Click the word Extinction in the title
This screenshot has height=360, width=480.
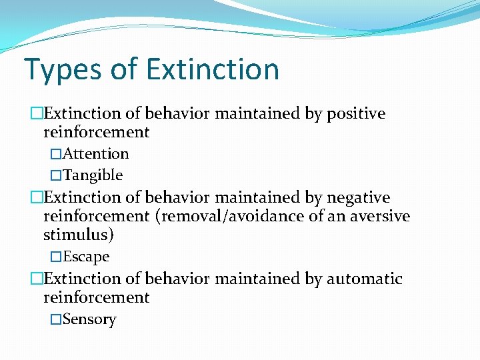(212, 70)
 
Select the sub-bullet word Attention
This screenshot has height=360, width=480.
(95, 154)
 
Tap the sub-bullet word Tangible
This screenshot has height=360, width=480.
(93, 175)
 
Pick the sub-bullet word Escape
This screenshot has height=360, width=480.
(86, 257)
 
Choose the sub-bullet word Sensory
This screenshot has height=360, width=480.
(89, 319)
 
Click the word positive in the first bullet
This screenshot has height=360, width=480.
(355, 114)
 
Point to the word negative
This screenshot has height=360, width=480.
(359, 198)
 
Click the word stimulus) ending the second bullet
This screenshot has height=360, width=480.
(79, 235)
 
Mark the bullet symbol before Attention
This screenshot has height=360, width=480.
(56, 154)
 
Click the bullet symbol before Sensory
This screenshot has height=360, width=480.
(56, 319)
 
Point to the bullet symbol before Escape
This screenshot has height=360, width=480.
(56, 257)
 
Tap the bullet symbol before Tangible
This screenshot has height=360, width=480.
(56, 175)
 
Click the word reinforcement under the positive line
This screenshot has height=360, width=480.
(97, 133)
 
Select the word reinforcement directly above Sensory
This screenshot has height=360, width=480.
(97, 297)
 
